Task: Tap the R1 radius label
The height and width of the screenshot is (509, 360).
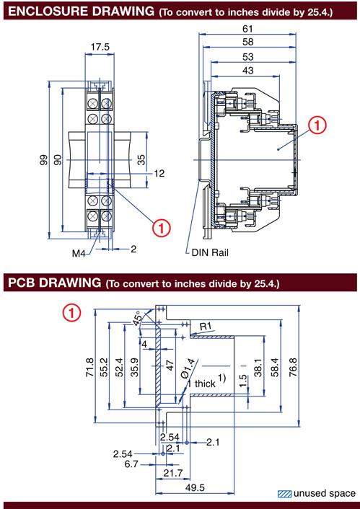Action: pyautogui.click(x=206, y=327)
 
